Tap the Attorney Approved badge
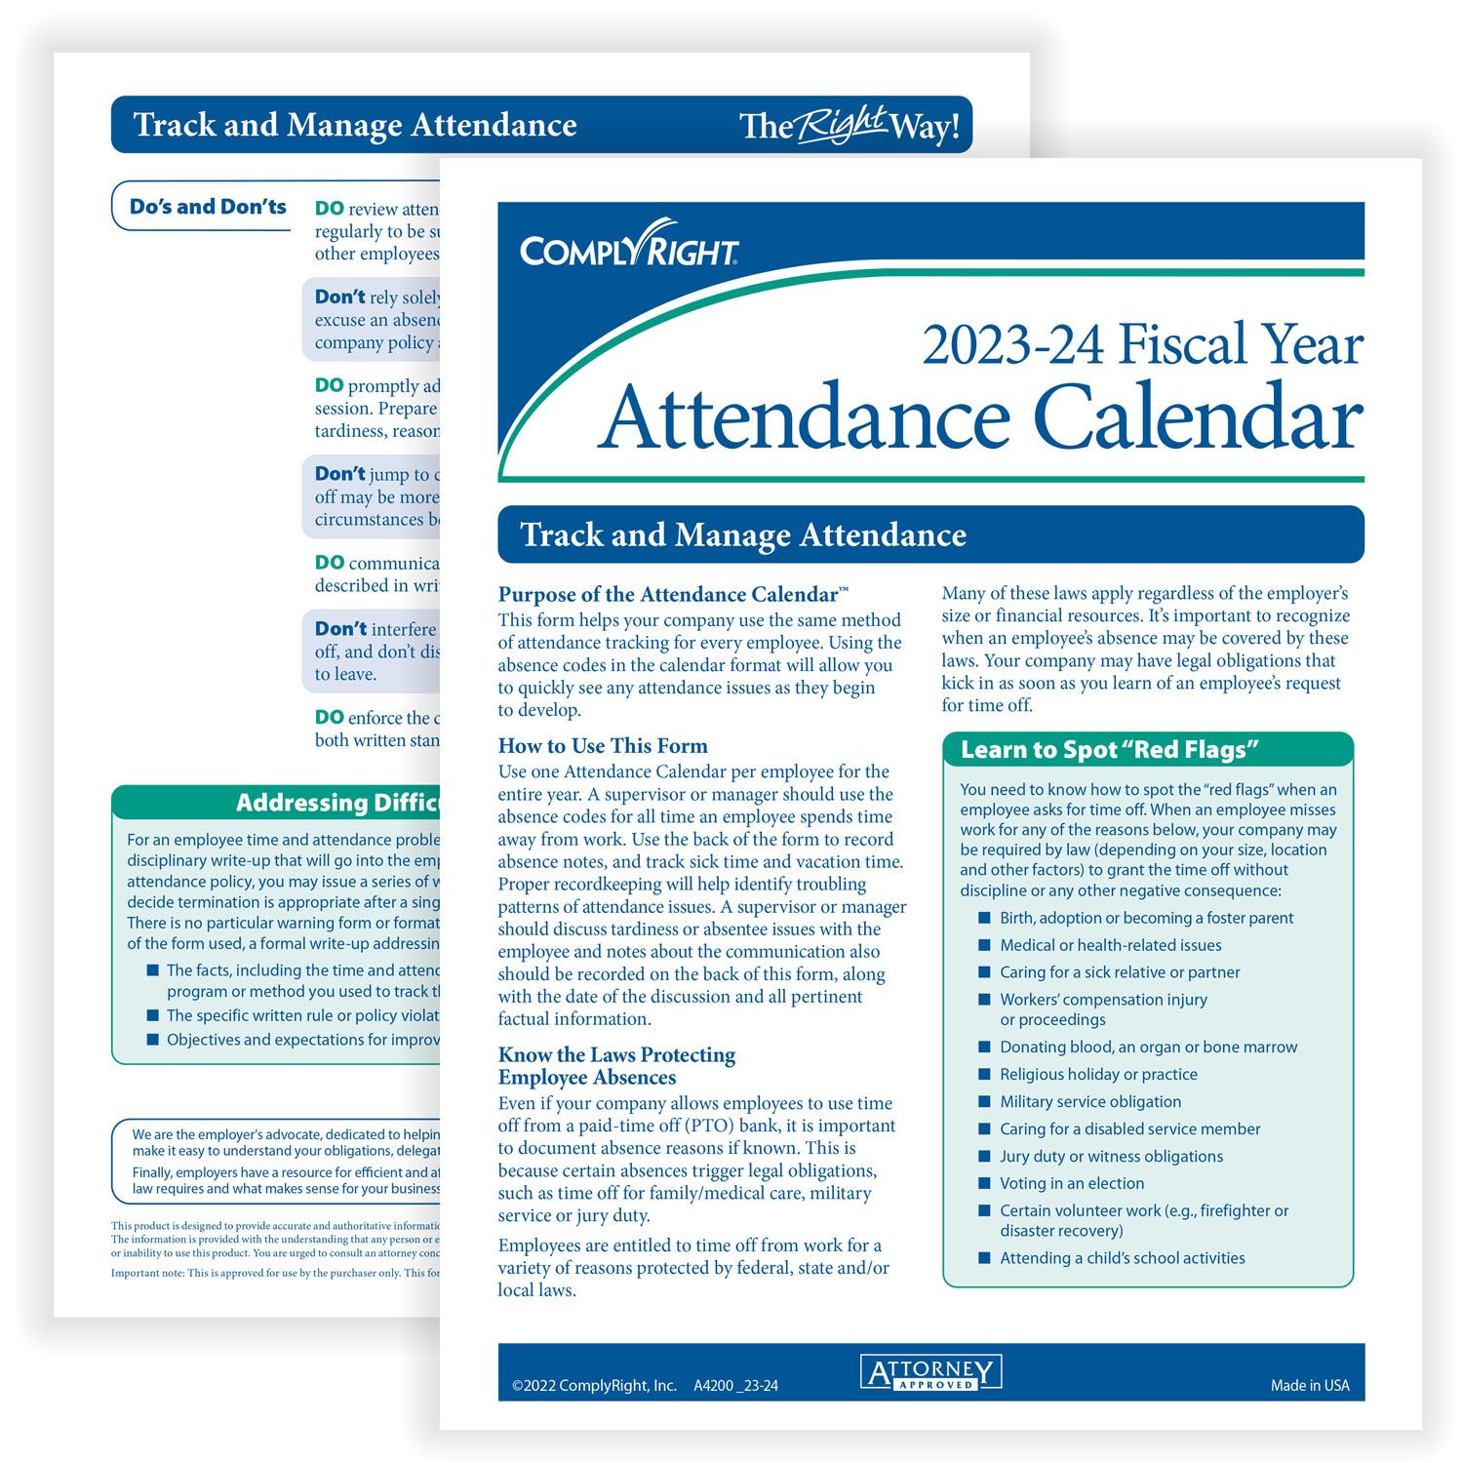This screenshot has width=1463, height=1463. point(930,1373)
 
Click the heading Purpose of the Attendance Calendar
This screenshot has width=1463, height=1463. point(673,594)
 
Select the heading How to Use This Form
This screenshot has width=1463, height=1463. point(603,746)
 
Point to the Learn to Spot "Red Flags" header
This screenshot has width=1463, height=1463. point(1109,750)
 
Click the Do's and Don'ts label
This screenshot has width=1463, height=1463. point(208,207)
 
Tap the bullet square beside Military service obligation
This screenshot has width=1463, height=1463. point(984,1101)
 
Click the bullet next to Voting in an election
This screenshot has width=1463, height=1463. point(984,1183)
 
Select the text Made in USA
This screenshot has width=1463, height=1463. point(1309,1385)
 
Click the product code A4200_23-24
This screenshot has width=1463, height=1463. point(735,1385)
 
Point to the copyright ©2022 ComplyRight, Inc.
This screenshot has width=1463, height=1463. point(594,1385)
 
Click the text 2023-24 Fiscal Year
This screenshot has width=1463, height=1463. point(1142,345)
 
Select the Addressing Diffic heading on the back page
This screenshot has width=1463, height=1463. point(337,803)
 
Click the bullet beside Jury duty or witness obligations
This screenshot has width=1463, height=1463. point(984,1156)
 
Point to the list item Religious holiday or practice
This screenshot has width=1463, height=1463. point(1098,1074)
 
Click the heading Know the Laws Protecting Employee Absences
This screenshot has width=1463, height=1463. point(616,1066)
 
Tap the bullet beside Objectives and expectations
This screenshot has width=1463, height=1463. point(152,1040)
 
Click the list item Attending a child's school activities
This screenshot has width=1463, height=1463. point(1122,1258)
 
